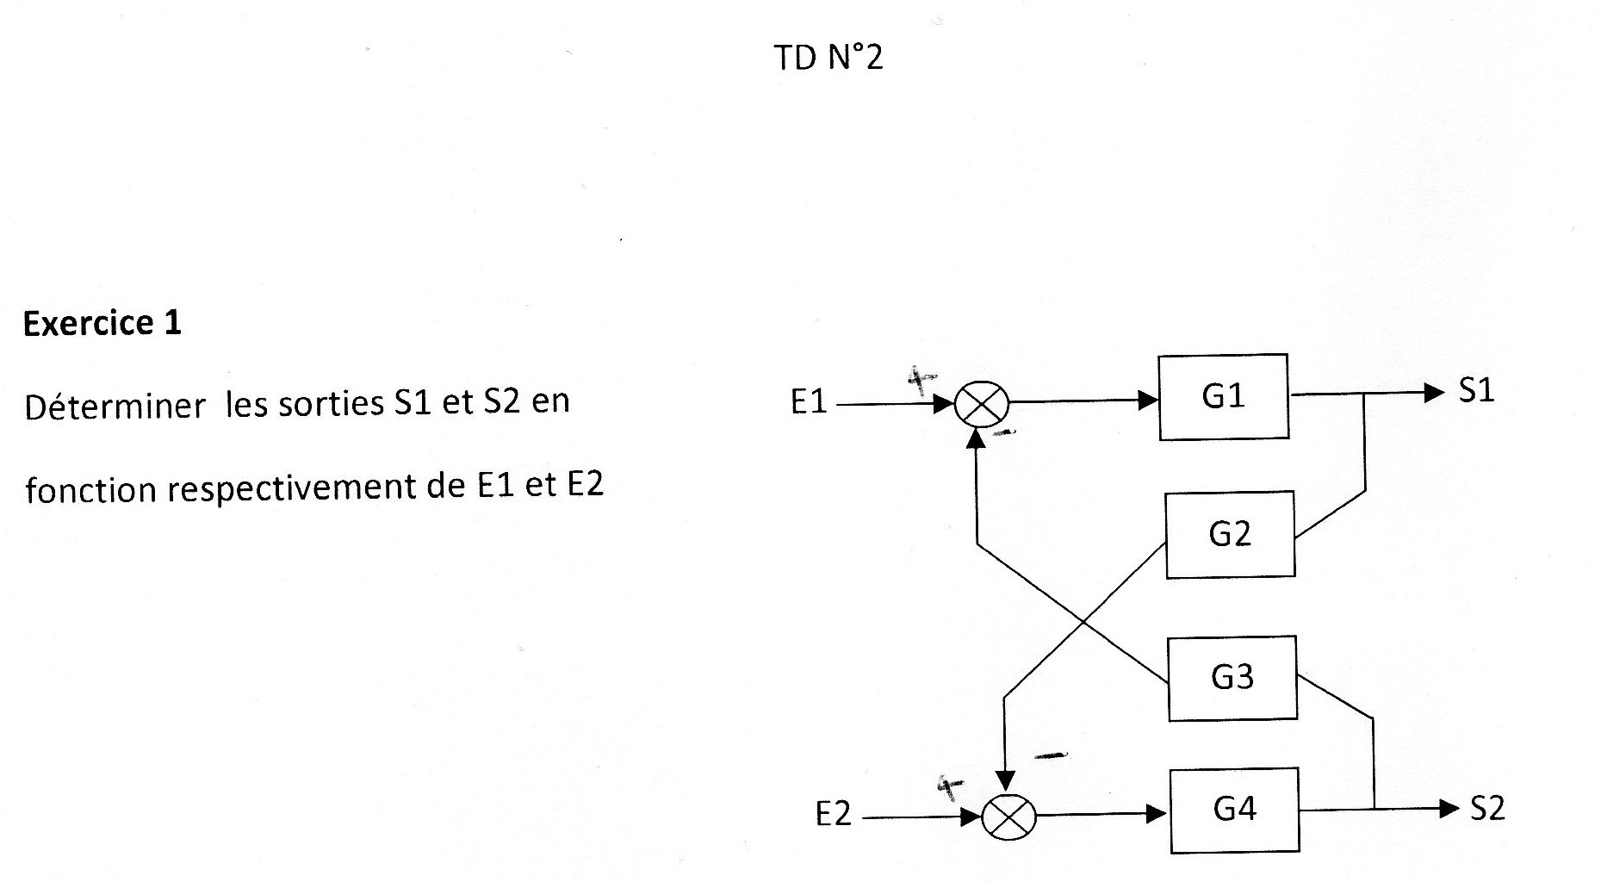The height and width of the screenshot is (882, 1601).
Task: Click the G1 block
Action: (x=1223, y=396)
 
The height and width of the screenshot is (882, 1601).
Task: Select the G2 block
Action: (x=1230, y=534)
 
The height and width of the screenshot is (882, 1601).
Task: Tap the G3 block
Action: (x=1232, y=678)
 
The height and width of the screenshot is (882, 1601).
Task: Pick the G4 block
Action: (x=1234, y=810)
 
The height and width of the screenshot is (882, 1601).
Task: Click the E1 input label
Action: (x=809, y=402)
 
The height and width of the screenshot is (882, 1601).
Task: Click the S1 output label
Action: (x=1476, y=391)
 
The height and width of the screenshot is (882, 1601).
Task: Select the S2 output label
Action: (x=1487, y=809)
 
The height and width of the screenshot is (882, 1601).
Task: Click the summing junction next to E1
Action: (x=982, y=403)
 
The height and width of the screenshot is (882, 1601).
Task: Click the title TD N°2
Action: (x=828, y=58)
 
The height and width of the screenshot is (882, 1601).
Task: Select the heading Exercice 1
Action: (x=102, y=323)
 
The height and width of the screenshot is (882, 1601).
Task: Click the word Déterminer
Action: (x=115, y=406)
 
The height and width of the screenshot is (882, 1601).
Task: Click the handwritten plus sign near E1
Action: (x=922, y=378)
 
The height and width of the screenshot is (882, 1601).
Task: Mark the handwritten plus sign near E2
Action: (x=950, y=786)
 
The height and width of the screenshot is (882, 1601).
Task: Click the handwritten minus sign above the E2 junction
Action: (x=1051, y=756)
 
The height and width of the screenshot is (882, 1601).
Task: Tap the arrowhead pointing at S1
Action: (x=1434, y=393)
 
